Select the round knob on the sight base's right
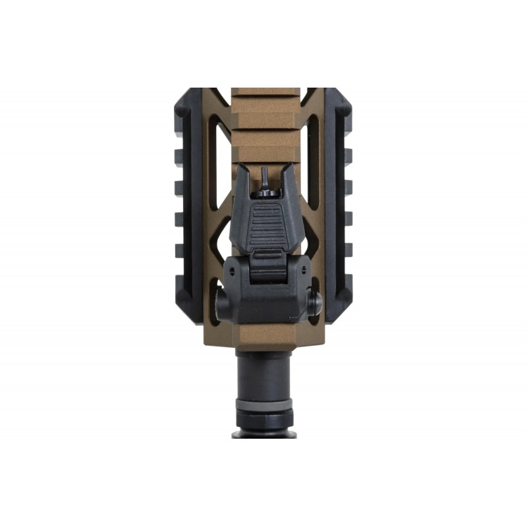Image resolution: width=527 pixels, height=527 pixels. (315, 303)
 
